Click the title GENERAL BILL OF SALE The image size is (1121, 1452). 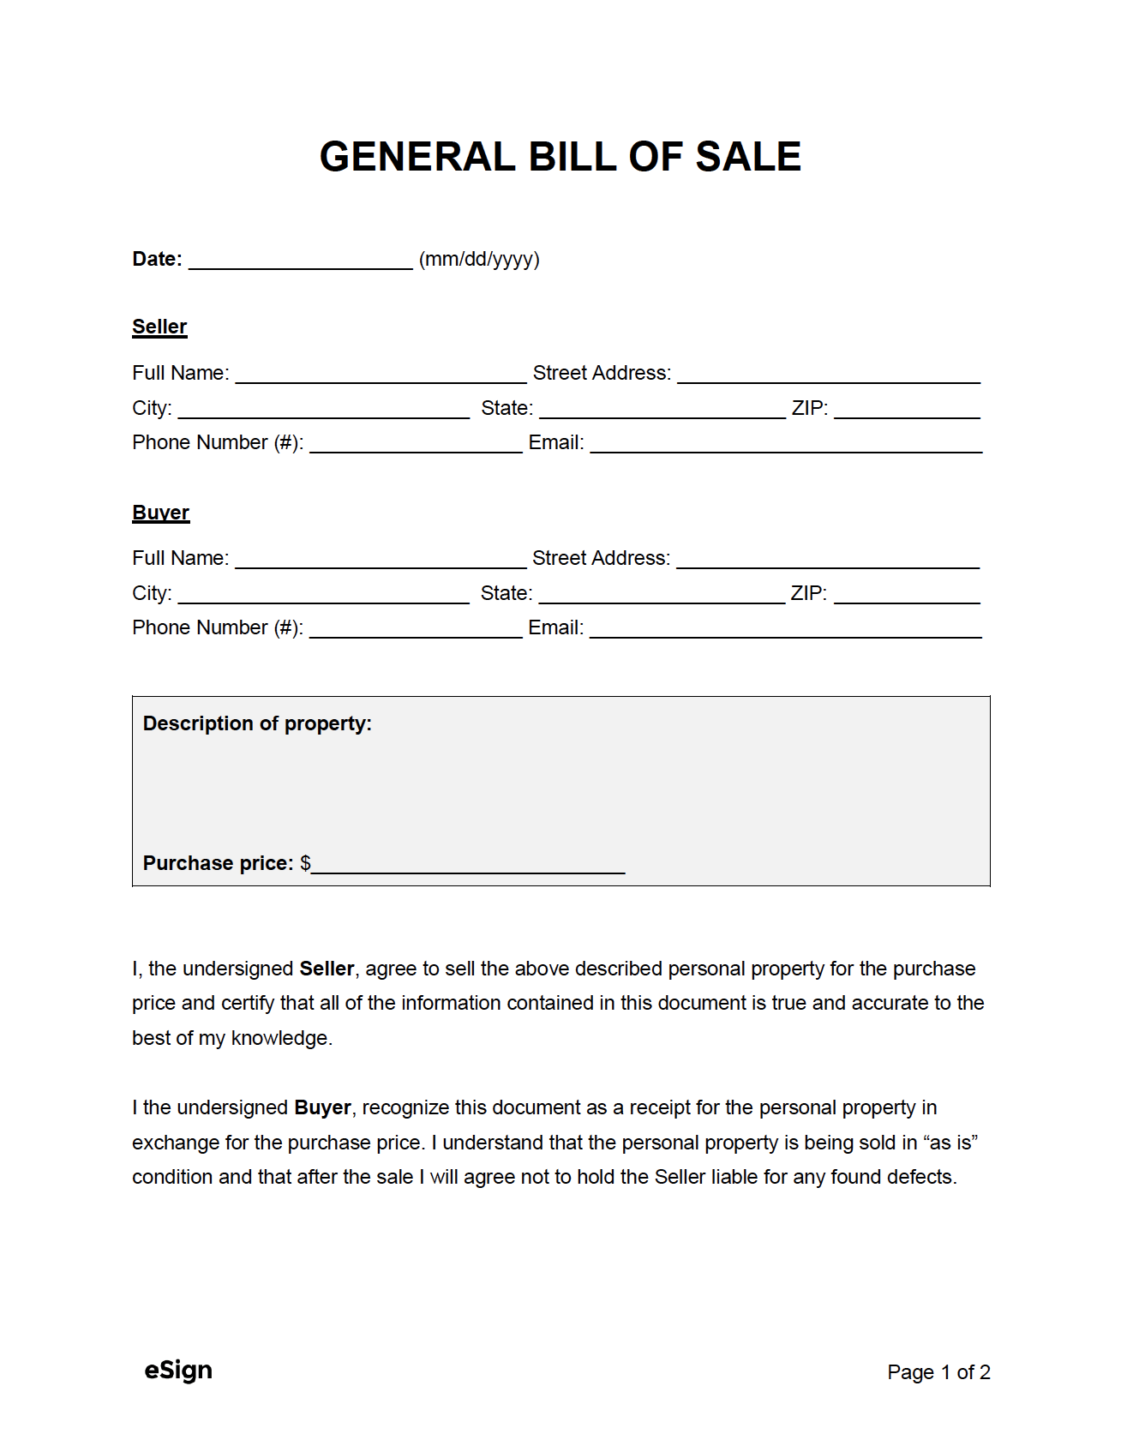tap(560, 157)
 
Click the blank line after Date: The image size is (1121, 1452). tap(300, 261)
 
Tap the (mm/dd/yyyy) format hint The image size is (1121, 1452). tap(479, 259)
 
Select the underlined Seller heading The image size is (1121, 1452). tap(159, 327)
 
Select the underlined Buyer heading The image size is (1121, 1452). tap(160, 513)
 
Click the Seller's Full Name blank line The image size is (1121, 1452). tap(381, 375)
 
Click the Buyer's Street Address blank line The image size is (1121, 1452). tap(827, 560)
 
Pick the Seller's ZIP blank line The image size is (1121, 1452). tap(907, 410)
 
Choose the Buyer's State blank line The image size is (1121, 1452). tap(661, 595)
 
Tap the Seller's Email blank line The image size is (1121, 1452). tap(785, 444)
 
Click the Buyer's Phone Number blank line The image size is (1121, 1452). tap(416, 629)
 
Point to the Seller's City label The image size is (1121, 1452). tap(152, 408)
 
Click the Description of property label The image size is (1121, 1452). tap(257, 723)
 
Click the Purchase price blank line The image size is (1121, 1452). tap(468, 865)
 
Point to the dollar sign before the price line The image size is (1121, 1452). tap(305, 863)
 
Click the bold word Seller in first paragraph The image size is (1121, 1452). tap(327, 969)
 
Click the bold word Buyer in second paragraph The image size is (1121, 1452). tap(322, 1107)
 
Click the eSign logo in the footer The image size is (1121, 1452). tap(178, 1371)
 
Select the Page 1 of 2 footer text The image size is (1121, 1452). tap(938, 1372)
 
